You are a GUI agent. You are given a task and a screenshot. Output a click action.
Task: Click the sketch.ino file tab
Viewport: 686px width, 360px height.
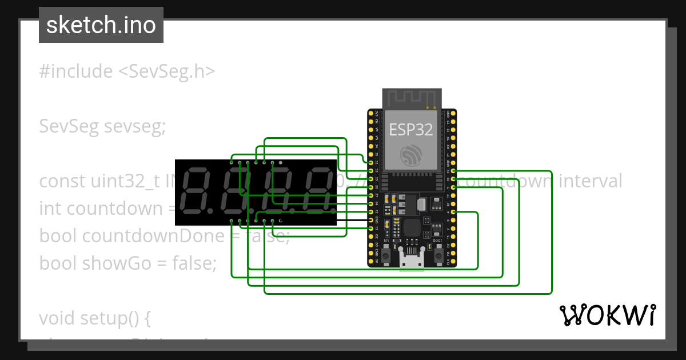coord(101,25)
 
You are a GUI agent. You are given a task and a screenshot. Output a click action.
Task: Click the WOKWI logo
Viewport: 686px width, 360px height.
coord(607,315)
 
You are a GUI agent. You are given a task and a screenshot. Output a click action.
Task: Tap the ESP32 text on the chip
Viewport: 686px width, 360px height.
coord(411,129)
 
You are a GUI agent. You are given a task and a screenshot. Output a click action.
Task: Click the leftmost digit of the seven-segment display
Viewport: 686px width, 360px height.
coord(194,191)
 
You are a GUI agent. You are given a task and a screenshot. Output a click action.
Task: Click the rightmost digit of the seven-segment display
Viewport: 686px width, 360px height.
coord(319,191)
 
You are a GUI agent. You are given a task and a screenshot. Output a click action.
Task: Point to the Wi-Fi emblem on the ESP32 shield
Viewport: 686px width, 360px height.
coord(411,155)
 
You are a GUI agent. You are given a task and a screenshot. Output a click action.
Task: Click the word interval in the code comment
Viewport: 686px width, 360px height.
coord(590,181)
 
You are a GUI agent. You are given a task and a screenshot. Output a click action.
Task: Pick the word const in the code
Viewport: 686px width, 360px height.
coord(62,181)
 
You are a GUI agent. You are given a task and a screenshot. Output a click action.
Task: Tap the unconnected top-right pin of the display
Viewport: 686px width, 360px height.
coord(280,162)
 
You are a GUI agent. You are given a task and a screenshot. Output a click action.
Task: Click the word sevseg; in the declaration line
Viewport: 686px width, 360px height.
coord(135,126)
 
